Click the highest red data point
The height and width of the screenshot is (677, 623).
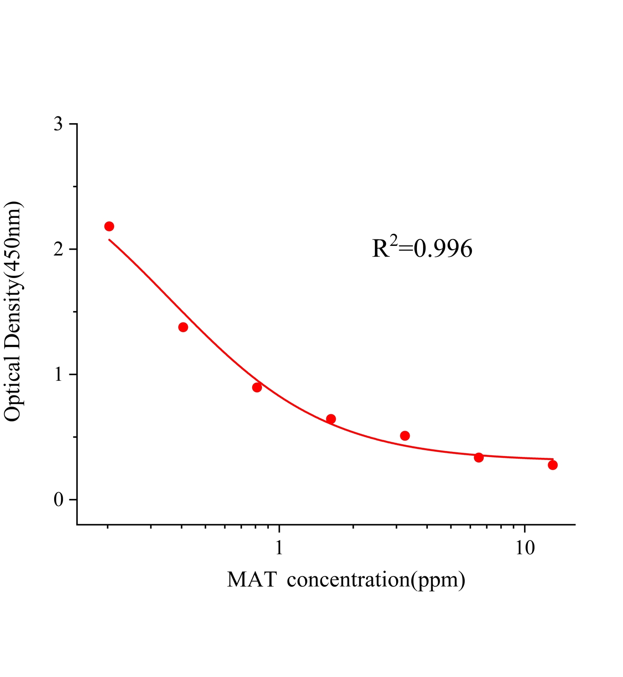[109, 226]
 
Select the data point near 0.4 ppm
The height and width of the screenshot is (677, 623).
[183, 327]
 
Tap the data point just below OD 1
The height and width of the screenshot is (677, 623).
[257, 387]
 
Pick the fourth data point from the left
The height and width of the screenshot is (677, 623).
[331, 419]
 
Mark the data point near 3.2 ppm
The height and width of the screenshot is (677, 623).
[405, 436]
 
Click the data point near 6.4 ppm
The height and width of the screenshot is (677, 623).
[479, 457]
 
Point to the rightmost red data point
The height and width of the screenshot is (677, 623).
[553, 465]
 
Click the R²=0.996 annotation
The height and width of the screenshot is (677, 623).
[422, 248]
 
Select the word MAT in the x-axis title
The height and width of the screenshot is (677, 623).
[252, 580]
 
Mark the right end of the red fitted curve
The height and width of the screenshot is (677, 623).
[553, 459]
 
